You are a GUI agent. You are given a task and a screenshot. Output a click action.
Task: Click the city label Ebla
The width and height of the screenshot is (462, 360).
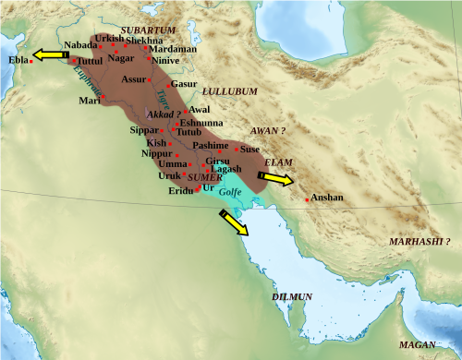[x=18, y=59]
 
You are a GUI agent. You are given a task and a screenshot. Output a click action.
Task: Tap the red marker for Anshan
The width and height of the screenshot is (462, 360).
[x=307, y=198]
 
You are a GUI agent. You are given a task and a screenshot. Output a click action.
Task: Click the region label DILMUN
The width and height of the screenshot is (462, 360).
[x=292, y=296]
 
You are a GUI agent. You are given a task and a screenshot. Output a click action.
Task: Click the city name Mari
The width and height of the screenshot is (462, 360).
[x=90, y=100]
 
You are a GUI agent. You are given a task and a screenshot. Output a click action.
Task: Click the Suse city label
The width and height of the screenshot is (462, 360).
[x=249, y=148]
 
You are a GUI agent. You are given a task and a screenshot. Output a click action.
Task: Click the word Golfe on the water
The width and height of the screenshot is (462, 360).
[x=230, y=193]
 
